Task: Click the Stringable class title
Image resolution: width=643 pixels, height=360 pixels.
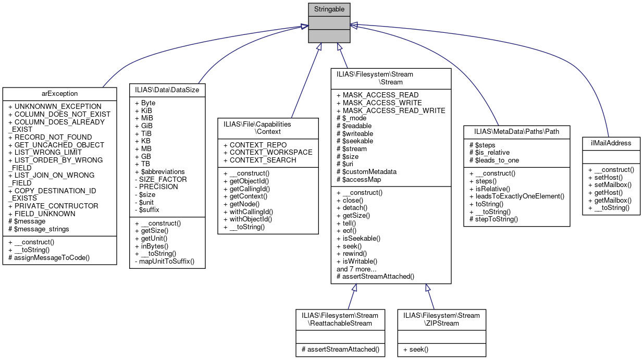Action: click(329, 9)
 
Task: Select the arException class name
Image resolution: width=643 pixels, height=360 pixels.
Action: click(59, 94)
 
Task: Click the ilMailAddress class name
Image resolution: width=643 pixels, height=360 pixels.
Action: click(611, 143)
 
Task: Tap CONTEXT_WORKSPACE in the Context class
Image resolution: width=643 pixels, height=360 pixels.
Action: click(267, 152)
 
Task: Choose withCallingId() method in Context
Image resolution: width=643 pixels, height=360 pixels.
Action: click(248, 212)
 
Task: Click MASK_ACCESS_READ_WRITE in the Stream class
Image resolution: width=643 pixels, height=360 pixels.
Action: click(391, 110)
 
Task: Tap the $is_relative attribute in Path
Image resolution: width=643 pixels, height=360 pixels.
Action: click(490, 153)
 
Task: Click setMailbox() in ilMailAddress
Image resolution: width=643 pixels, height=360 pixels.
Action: click(609, 184)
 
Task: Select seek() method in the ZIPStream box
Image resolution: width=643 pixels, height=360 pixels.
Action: click(416, 349)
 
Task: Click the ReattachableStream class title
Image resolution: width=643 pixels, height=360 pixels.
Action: click(341, 319)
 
